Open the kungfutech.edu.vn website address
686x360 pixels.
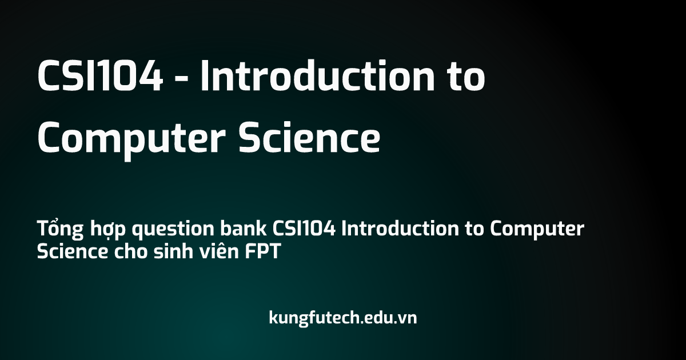coord(343,318)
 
